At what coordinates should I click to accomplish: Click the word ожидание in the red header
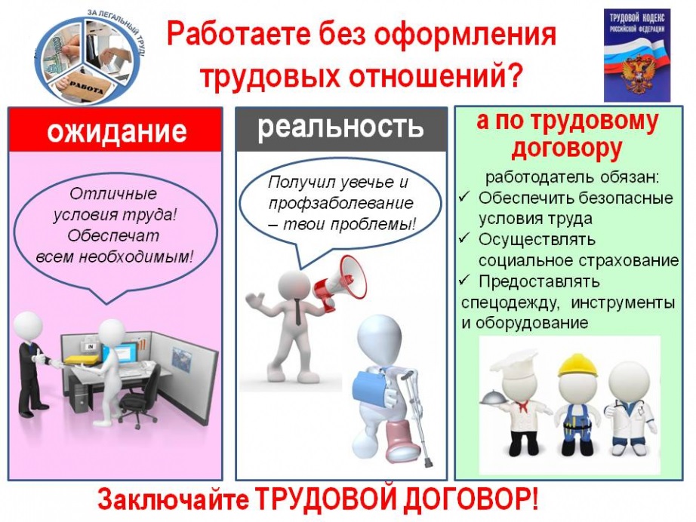[116, 130]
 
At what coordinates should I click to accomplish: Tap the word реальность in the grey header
[340, 127]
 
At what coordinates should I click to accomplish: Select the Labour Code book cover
[637, 55]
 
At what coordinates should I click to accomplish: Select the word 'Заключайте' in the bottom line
[173, 500]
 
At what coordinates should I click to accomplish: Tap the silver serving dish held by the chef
[494, 398]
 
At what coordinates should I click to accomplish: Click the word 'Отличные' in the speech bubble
[113, 194]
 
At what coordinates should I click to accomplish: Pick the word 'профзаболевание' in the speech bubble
[341, 204]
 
